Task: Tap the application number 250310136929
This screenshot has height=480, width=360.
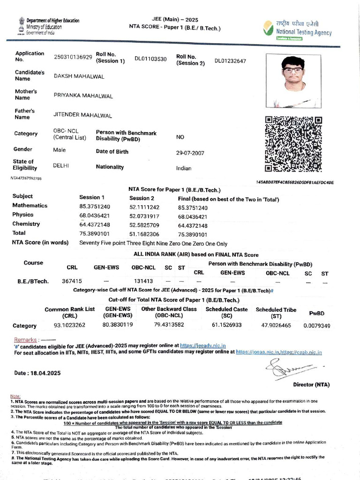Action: point(73,57)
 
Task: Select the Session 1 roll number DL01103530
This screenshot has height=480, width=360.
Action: point(150,59)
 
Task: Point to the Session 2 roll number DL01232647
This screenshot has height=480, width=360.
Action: point(230,61)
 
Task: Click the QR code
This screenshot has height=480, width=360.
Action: point(294,144)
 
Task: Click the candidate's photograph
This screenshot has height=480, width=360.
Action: point(293,81)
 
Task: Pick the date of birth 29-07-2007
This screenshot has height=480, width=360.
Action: point(191,153)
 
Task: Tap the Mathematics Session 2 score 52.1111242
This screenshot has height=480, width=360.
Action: point(144,207)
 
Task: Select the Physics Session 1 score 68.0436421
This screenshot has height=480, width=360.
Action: point(95,216)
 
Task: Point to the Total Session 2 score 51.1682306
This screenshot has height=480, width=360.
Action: point(144,234)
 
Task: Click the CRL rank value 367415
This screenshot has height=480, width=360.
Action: point(72,281)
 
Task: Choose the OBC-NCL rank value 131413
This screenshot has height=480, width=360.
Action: point(143,281)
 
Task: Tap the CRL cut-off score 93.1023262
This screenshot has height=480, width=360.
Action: point(69,324)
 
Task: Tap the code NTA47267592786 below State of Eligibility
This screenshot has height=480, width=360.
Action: point(26,179)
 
